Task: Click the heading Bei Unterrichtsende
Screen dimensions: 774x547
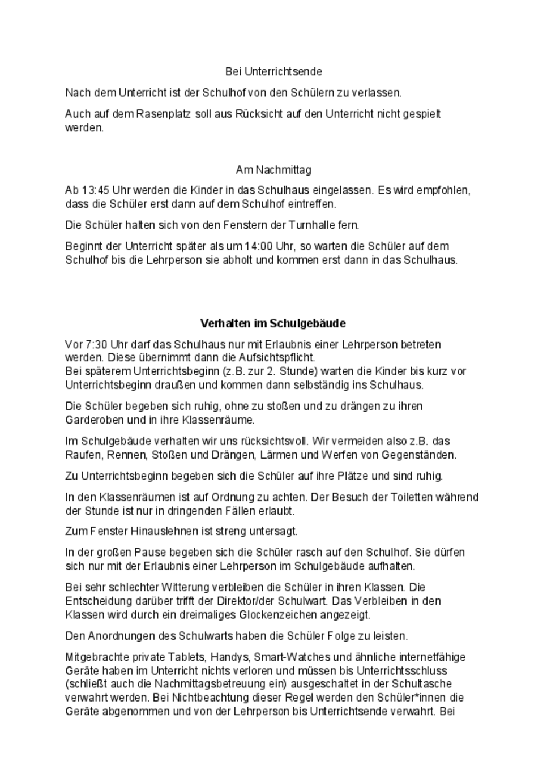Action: pos(273,71)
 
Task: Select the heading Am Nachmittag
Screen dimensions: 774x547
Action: pos(273,170)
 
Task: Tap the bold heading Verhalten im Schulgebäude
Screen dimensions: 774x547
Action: pos(273,323)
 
